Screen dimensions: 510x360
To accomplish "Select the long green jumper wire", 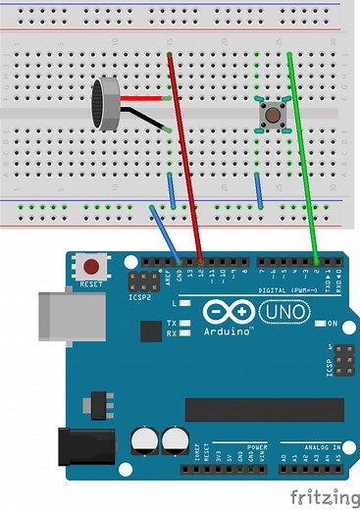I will tap(303, 157).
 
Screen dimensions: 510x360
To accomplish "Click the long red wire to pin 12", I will tap(186, 157).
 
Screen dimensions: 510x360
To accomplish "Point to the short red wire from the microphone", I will tap(143, 98).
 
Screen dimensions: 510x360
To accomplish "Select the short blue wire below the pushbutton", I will tap(259, 190).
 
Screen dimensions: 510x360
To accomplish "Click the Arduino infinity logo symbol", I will tap(228, 313).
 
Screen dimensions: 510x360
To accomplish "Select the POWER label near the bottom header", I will tap(257, 447).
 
